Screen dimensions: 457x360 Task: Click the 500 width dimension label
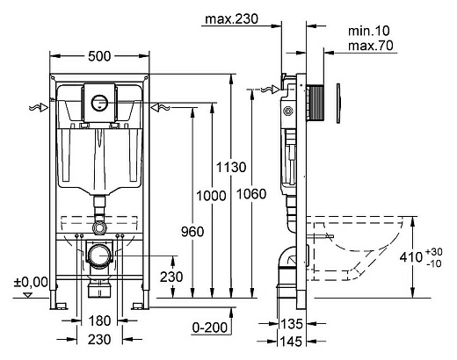(x=99, y=56)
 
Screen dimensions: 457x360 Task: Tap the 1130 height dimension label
(x=231, y=168)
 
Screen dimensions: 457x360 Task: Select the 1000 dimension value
(x=211, y=196)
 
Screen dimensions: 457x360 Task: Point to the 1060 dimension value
(x=251, y=194)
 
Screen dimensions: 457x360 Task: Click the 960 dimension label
(x=192, y=232)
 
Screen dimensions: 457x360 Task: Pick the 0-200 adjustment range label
(x=210, y=328)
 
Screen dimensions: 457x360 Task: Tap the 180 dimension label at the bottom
(x=99, y=320)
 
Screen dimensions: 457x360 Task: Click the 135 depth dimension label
(x=292, y=324)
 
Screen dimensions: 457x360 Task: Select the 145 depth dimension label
(x=292, y=342)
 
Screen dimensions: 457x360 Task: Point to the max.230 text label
(x=232, y=19)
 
